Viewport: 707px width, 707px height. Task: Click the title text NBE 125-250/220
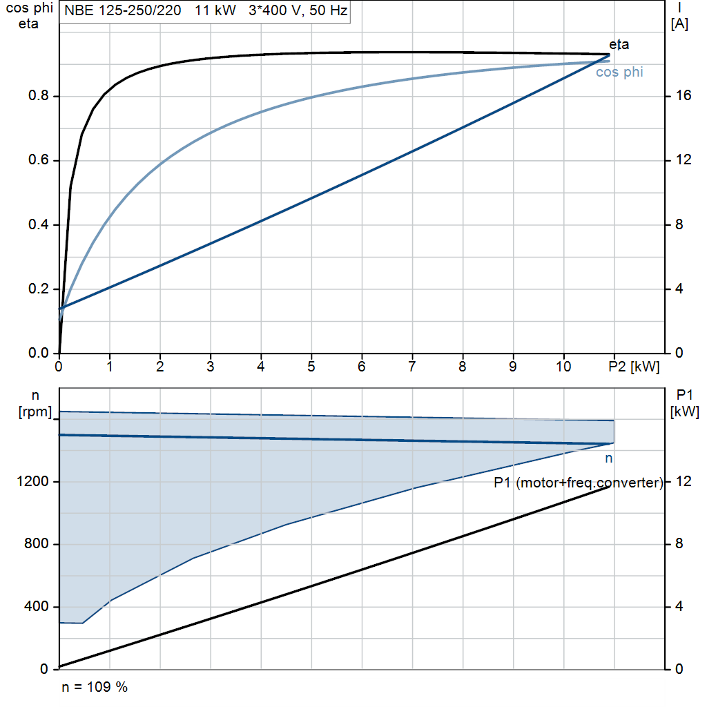pos(123,10)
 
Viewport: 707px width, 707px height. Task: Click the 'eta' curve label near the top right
pos(619,45)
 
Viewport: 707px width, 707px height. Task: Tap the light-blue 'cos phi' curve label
pos(619,72)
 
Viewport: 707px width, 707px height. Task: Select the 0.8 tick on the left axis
pos(39,95)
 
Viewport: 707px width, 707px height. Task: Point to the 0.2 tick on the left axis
pos(39,289)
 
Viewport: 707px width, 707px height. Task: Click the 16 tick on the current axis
pos(683,95)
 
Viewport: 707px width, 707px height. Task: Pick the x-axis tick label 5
pos(311,367)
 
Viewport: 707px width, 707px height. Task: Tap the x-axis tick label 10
pos(563,367)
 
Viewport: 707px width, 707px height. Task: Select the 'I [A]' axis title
pos(679,17)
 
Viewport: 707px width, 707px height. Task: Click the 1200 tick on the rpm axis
pos(32,481)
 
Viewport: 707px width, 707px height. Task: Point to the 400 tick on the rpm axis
pos(36,606)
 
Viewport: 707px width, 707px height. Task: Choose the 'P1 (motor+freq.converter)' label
pos(579,483)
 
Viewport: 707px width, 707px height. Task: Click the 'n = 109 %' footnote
pos(95,687)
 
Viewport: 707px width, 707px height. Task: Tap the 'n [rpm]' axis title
pos(35,404)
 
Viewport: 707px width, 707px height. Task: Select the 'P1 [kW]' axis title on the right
pos(684,404)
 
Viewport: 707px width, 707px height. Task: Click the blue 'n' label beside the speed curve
pos(609,458)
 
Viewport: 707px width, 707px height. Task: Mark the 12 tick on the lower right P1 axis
pos(683,481)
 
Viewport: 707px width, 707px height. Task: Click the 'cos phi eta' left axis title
pos(29,16)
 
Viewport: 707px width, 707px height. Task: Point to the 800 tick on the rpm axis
pos(36,544)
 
